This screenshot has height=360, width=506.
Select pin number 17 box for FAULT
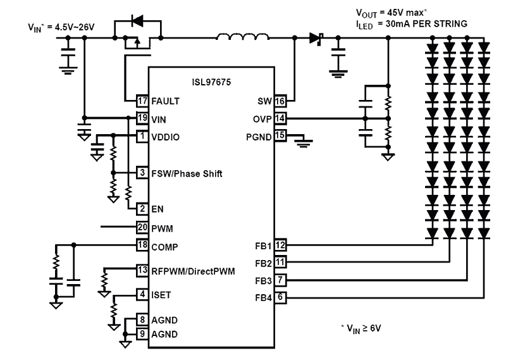142,100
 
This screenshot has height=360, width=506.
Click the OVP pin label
262,118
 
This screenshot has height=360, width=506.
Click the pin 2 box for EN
142,208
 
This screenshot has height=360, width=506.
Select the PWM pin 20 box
142,227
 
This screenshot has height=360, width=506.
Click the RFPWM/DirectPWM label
193,271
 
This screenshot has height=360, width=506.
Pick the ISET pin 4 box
142,294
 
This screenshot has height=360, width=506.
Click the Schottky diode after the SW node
315,38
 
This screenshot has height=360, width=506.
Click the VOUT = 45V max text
393,13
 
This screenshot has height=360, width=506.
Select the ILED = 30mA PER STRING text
412,23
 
